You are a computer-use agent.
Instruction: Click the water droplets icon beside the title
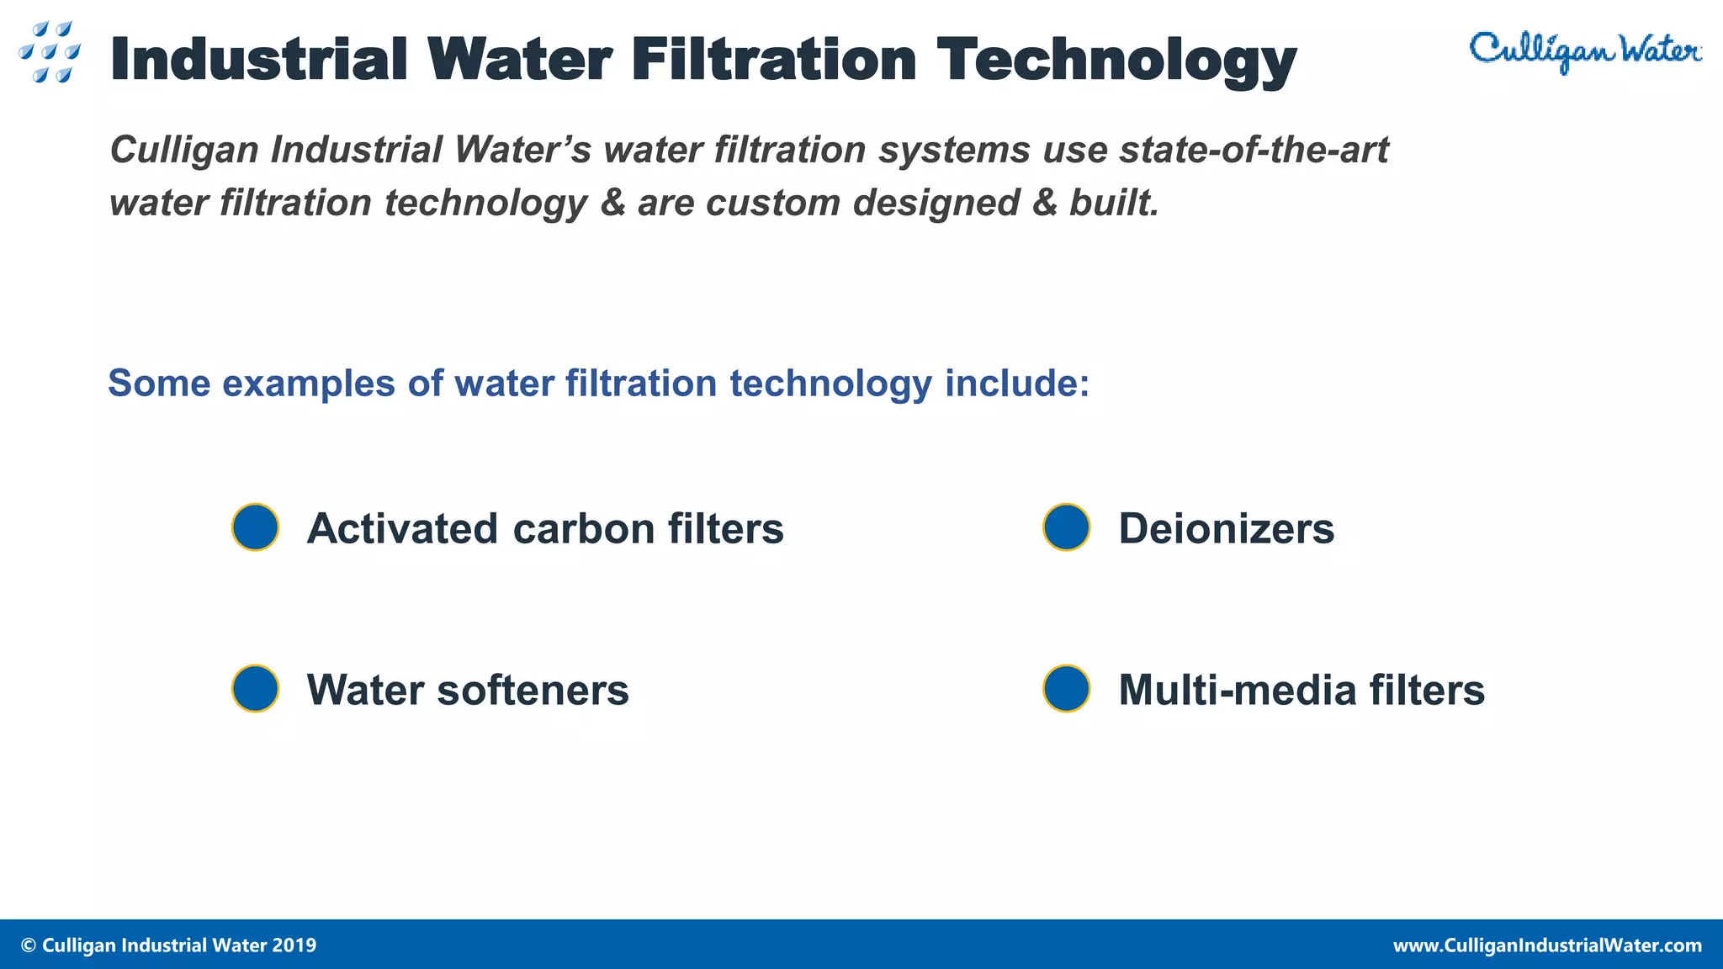pos(50,52)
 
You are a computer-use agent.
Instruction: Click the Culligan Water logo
pos(1585,51)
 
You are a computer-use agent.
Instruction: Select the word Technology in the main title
pos(1116,61)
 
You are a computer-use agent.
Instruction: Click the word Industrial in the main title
pos(259,61)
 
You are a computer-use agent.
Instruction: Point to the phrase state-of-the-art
pos(1254,151)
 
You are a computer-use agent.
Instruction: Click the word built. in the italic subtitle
pos(1114,203)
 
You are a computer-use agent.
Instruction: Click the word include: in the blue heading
pos(1017,384)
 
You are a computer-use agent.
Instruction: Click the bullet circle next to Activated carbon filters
pos(255,527)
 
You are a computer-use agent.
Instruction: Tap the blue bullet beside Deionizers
pos(1066,527)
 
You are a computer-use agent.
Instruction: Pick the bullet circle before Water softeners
pos(255,689)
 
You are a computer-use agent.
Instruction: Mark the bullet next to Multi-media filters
pos(1066,689)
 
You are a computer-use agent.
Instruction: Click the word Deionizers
pos(1226,529)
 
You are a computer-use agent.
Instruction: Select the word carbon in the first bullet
pos(583,529)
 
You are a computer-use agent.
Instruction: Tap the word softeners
pos(533,691)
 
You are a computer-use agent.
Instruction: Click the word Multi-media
pos(1237,691)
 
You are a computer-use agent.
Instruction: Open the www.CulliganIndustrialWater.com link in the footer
pos(1547,945)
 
